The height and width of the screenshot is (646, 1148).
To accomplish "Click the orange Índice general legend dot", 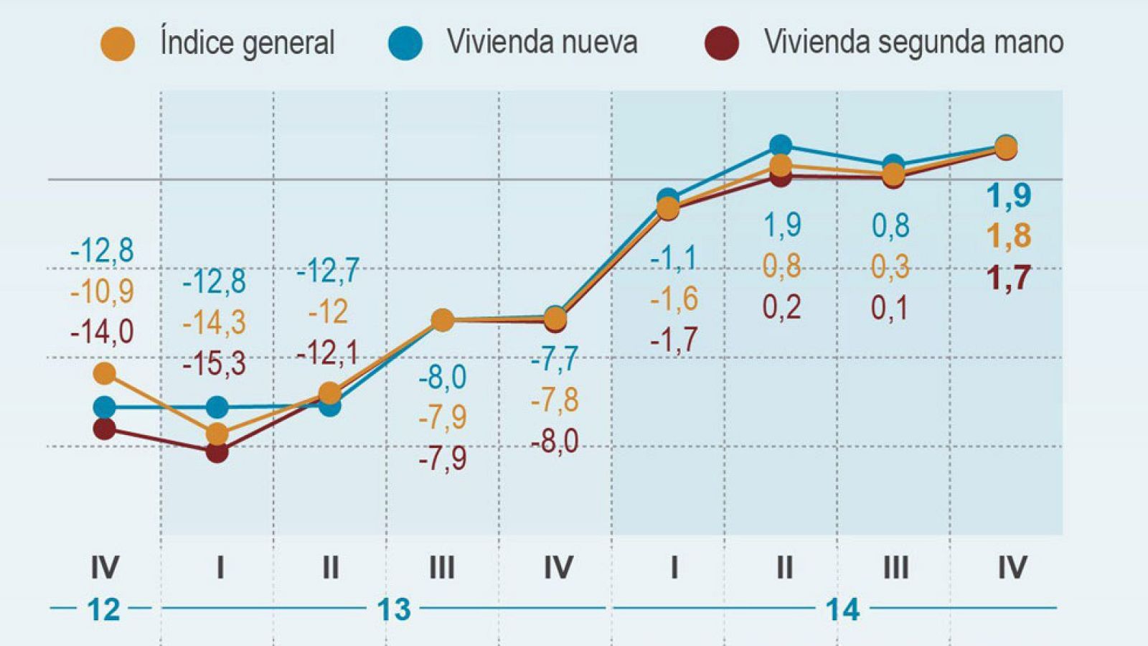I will pyautogui.click(x=118, y=44).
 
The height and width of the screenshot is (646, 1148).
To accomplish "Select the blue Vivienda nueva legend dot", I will pyautogui.click(x=405, y=43).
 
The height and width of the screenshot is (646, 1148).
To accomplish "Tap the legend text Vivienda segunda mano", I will pyautogui.click(x=913, y=42).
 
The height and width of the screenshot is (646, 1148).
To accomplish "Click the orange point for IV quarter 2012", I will pyautogui.click(x=105, y=373).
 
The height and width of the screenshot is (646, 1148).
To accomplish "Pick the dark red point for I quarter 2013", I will pyautogui.click(x=217, y=451).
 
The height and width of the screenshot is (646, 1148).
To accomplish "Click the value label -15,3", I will pyautogui.click(x=214, y=364).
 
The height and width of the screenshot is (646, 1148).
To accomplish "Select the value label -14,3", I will pyautogui.click(x=214, y=323).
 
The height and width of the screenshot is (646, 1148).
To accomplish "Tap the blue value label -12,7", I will pyautogui.click(x=327, y=271).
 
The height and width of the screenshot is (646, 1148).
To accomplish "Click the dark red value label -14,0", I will pyautogui.click(x=102, y=332).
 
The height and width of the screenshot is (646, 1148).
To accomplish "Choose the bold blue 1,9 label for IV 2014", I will pyautogui.click(x=1008, y=195).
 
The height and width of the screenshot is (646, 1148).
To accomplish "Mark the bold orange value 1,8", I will pyautogui.click(x=1008, y=236).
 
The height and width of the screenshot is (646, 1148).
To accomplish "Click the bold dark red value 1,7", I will pyautogui.click(x=1008, y=278).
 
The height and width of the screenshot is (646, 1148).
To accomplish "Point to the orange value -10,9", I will pyautogui.click(x=102, y=291).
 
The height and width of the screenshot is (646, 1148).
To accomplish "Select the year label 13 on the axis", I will pyautogui.click(x=393, y=610).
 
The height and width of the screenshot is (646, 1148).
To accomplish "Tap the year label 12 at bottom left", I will pyautogui.click(x=103, y=610).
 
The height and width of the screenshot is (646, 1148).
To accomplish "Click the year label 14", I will pyautogui.click(x=842, y=610).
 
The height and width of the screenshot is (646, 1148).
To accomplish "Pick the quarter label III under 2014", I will pyautogui.click(x=895, y=568).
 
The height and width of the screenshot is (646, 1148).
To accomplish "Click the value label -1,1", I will pyautogui.click(x=673, y=258).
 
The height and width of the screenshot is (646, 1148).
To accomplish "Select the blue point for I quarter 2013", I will pyautogui.click(x=217, y=408).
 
